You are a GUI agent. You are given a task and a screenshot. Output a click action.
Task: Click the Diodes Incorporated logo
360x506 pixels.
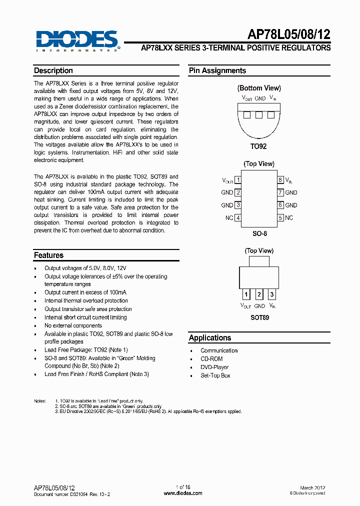pos(77,40)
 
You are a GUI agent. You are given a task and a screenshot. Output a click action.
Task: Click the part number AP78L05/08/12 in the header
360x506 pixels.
pos(289,34)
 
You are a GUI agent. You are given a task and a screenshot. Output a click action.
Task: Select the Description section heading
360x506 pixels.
pos(53,71)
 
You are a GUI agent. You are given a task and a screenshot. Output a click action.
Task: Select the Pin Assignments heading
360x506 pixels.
pos(217,71)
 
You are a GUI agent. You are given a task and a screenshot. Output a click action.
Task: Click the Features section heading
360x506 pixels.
pos(48,255)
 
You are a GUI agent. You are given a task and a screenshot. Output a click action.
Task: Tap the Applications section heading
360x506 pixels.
pos(210,338)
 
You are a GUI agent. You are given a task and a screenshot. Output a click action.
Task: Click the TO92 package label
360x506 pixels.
pos(258,146)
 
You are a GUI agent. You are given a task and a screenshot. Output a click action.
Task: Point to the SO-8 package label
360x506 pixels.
pos(258,233)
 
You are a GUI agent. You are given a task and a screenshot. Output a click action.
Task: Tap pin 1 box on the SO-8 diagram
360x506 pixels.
pos(238,180)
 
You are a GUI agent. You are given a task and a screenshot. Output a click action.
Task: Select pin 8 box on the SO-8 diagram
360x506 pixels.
pos(280,180)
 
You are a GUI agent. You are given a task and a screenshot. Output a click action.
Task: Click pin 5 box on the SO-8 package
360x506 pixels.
pos(280,218)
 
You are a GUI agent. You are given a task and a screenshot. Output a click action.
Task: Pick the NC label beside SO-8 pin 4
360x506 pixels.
pos(229,218)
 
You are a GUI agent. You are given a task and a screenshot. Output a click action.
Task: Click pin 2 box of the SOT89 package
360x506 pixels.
pos(259,294)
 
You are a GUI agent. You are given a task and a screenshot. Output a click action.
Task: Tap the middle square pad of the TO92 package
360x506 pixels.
pos(259,115)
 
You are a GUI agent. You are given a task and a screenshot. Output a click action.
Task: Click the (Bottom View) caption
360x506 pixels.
pos(259,88)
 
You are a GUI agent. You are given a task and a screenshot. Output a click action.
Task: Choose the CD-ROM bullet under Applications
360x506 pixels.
pos(211,359)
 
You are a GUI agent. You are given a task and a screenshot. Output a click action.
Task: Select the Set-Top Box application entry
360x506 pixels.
pos(215,375)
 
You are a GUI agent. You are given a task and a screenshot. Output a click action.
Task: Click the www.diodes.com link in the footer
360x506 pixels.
pos(183,493)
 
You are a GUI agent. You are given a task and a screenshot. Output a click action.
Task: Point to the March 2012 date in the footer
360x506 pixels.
pos(313,487)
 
